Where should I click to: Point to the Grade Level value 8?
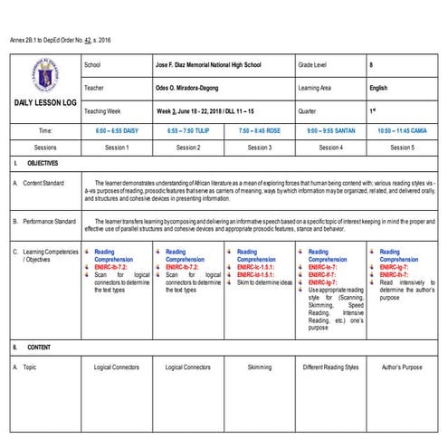(x=372, y=66)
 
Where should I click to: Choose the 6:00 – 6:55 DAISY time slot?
(x=117, y=131)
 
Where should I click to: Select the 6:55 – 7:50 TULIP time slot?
(x=188, y=131)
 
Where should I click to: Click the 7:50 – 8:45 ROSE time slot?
(x=260, y=131)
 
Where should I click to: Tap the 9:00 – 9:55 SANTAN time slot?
(x=332, y=131)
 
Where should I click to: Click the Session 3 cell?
(x=260, y=147)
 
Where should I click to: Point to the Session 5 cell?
(x=404, y=147)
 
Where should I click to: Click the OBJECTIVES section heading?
(x=42, y=164)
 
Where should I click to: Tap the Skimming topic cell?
(x=260, y=367)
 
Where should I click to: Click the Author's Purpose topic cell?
(x=404, y=367)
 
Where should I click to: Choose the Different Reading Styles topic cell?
(x=332, y=367)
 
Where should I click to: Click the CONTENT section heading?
(x=38, y=348)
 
